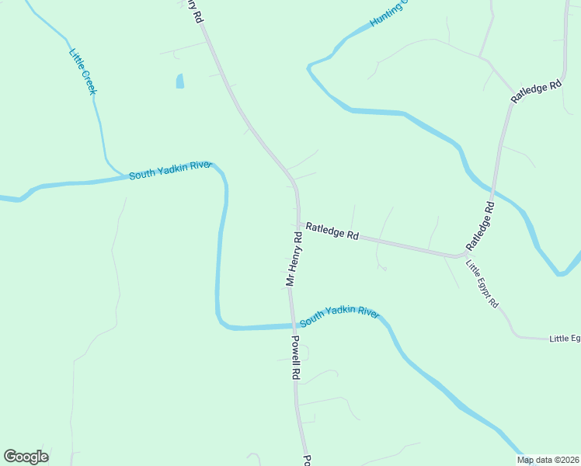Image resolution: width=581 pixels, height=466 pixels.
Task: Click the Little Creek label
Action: coord(83,72)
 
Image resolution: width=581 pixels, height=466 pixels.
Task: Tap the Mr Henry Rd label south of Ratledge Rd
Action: coord(294,258)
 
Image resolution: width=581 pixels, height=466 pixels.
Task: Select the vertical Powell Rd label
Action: coord(295,356)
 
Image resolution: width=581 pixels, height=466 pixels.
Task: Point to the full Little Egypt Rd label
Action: coord(482,283)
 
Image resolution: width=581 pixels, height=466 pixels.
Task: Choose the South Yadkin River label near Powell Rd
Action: coord(339,315)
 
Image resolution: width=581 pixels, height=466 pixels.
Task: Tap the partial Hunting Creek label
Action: coord(388,14)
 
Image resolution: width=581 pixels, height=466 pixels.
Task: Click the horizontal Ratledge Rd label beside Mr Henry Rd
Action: coord(332,231)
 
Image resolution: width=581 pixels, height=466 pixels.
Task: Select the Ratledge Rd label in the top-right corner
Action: coord(536,91)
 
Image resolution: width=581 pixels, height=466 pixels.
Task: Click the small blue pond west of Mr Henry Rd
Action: coord(180,81)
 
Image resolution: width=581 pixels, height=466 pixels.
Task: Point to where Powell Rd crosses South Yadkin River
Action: coord(293,325)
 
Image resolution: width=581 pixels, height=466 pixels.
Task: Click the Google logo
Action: coord(26,457)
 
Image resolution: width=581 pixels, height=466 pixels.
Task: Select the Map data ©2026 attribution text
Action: coord(548,460)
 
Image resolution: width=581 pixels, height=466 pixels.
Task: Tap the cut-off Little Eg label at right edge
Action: coord(565,339)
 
